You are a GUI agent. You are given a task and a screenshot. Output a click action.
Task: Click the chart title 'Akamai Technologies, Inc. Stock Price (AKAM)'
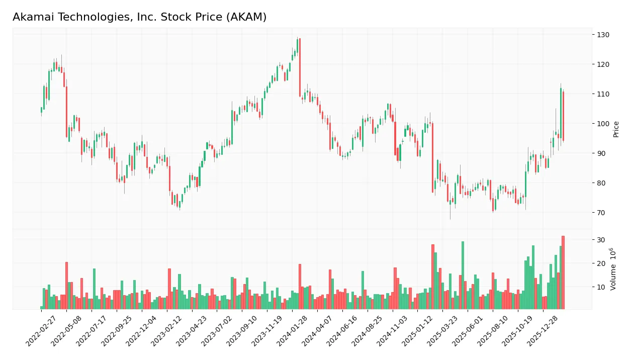[139, 17]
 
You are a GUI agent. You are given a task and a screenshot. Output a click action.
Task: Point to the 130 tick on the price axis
[603, 35]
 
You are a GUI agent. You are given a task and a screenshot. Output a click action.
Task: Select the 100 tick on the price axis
[603, 124]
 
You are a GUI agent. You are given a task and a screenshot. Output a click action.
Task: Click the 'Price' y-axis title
[616, 129]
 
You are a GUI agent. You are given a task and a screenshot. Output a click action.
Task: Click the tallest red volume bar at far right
[563, 273]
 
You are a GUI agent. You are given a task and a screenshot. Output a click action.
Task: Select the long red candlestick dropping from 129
[300, 67]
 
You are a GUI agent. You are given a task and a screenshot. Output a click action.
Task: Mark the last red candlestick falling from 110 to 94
[563, 116]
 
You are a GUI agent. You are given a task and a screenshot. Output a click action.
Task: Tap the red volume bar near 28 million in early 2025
[432, 277]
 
